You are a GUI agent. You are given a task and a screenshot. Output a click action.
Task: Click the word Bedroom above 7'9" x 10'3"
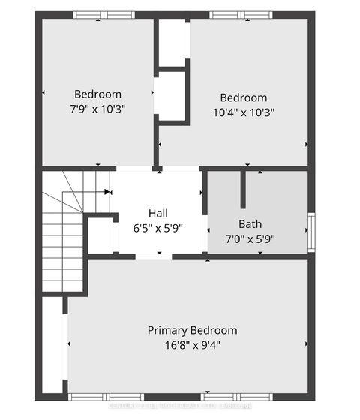coord(97,94)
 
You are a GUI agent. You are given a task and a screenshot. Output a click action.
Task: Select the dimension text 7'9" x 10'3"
coord(97,108)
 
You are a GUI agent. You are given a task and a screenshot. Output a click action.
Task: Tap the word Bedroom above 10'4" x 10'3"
coord(243,97)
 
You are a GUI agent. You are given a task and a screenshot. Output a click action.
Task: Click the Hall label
coord(157,212)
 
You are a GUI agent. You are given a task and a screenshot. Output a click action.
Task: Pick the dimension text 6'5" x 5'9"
coord(157,226)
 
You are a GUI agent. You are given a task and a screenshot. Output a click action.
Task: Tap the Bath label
coord(250,223)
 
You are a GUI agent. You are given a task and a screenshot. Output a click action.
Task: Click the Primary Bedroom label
coord(192,330)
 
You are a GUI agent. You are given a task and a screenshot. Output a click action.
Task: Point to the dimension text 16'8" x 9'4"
coord(192,345)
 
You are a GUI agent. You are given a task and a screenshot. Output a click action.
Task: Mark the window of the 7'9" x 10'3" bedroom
coord(103,15)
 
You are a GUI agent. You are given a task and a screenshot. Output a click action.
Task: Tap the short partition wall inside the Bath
coord(243,190)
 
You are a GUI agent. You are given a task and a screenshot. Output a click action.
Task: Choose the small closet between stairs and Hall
coord(100,235)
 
